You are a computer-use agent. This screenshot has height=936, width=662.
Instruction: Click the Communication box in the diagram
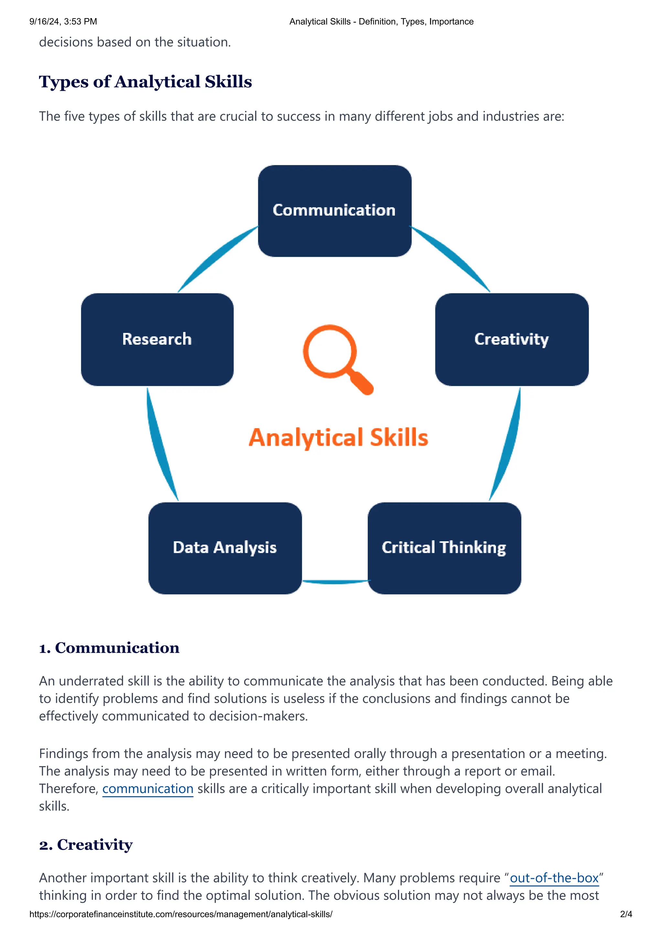335,211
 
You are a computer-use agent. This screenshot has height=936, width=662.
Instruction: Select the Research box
157,339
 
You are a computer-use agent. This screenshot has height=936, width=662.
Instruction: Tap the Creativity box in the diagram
511,339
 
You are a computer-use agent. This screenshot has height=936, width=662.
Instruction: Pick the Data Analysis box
225,548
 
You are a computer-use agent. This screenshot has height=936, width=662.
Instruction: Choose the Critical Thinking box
444,548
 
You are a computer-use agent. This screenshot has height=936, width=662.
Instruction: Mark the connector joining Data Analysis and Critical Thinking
335,582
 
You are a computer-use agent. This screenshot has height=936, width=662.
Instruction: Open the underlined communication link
148,789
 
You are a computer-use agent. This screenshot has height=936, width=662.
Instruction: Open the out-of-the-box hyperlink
554,878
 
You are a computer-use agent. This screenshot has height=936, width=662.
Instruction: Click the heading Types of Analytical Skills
145,82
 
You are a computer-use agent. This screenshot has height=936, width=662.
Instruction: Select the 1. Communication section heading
109,648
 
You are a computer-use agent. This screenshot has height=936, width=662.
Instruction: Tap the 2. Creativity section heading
86,844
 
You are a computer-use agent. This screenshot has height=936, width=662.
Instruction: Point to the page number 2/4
626,914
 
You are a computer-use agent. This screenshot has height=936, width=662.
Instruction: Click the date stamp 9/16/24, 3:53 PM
63,22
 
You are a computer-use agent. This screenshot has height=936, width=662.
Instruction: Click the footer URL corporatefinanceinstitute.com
181,914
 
